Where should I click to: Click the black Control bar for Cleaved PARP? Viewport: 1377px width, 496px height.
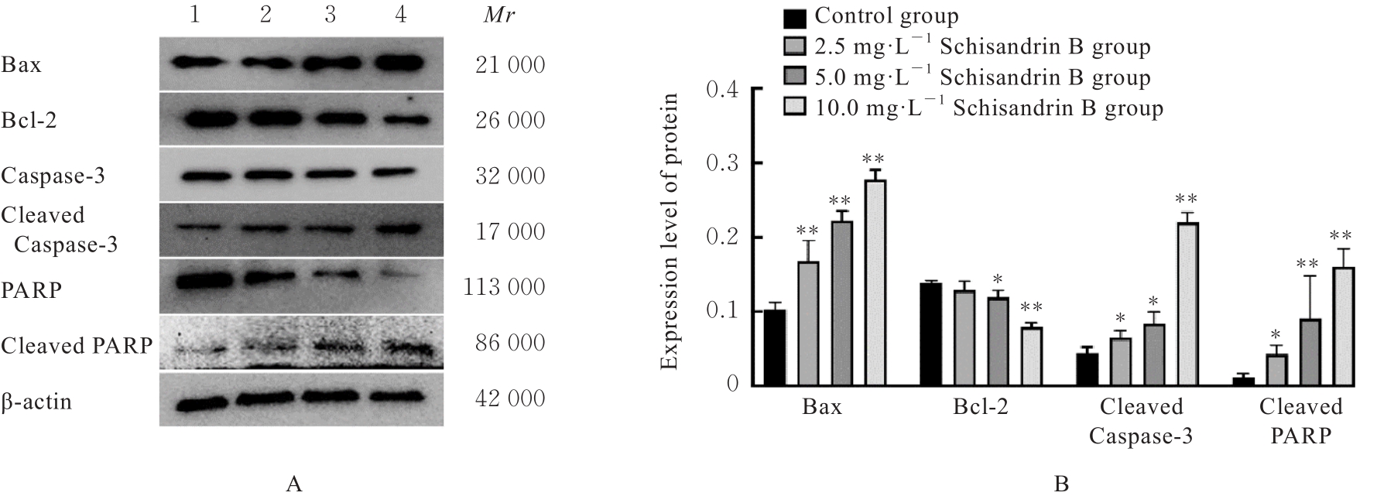1243,381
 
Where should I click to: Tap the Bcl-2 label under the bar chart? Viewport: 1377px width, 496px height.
981,407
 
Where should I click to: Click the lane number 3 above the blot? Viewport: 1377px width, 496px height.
331,15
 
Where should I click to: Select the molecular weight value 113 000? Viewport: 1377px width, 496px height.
503,287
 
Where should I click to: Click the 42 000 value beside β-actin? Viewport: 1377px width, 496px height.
509,398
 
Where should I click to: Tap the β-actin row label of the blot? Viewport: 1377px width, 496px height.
36,402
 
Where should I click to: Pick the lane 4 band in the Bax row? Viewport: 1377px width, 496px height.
401,63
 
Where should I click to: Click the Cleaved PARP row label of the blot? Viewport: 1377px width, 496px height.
77,345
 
